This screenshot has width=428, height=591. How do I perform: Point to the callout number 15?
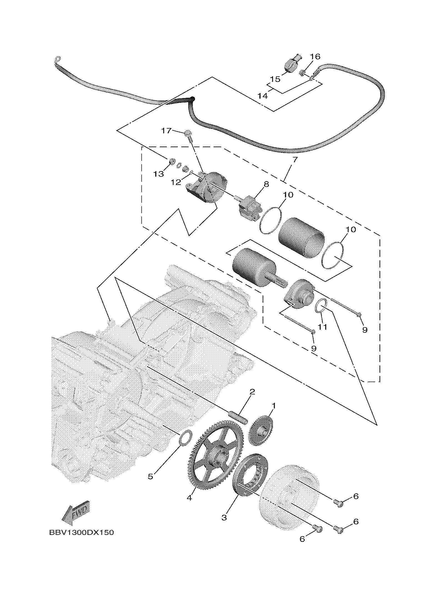pyautogui.click(x=275, y=79)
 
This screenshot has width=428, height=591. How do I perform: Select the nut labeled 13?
pyautogui.click(x=172, y=161)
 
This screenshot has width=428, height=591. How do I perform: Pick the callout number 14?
pyautogui.click(x=262, y=96)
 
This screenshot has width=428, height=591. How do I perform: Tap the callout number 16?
pyautogui.click(x=315, y=56)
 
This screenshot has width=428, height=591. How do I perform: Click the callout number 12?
pyautogui.click(x=176, y=182)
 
